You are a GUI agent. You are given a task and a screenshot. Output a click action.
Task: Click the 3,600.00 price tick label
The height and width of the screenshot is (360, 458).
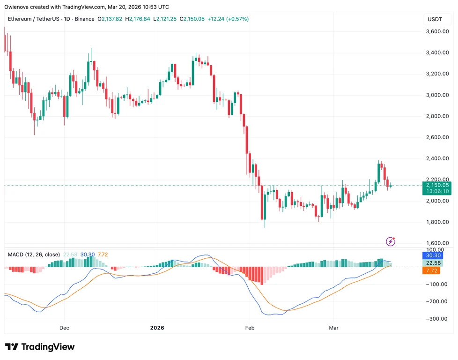point(437,31)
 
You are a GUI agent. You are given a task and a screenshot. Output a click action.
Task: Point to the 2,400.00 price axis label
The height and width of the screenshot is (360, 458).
point(437,158)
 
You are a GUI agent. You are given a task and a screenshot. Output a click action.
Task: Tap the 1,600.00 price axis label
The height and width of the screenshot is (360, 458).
point(437,243)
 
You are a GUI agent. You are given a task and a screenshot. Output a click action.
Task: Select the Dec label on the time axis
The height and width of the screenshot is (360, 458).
point(64,328)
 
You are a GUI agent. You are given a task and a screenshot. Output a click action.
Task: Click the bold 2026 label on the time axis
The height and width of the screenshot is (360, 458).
point(157,328)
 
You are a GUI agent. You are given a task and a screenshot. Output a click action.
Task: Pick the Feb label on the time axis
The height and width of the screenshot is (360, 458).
point(250,328)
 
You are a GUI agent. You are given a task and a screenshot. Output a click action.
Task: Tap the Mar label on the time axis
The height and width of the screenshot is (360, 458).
point(333,328)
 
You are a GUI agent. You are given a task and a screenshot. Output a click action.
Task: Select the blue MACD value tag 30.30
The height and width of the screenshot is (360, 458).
point(433,255)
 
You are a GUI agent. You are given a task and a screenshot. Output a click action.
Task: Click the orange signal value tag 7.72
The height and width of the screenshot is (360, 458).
point(431,270)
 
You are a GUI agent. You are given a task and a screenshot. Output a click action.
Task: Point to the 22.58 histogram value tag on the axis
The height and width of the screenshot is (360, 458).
point(433,263)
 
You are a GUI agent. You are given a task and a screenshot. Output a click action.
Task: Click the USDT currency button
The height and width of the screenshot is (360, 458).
point(435,19)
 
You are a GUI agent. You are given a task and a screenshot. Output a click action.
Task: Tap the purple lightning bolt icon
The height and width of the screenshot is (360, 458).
point(391,241)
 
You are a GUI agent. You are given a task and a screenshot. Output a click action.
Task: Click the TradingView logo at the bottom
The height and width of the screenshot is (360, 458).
point(40,347)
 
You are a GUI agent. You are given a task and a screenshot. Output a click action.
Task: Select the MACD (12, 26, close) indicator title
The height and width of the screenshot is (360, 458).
point(34,255)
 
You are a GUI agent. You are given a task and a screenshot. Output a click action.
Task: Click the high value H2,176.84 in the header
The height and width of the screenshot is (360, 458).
point(138,19)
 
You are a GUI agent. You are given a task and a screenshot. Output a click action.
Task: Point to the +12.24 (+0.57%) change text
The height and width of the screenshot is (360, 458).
point(228,19)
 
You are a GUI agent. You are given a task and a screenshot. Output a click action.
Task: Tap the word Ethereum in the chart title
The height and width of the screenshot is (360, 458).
point(20,19)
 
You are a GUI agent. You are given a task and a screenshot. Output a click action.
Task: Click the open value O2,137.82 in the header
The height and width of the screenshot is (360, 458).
point(110,19)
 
